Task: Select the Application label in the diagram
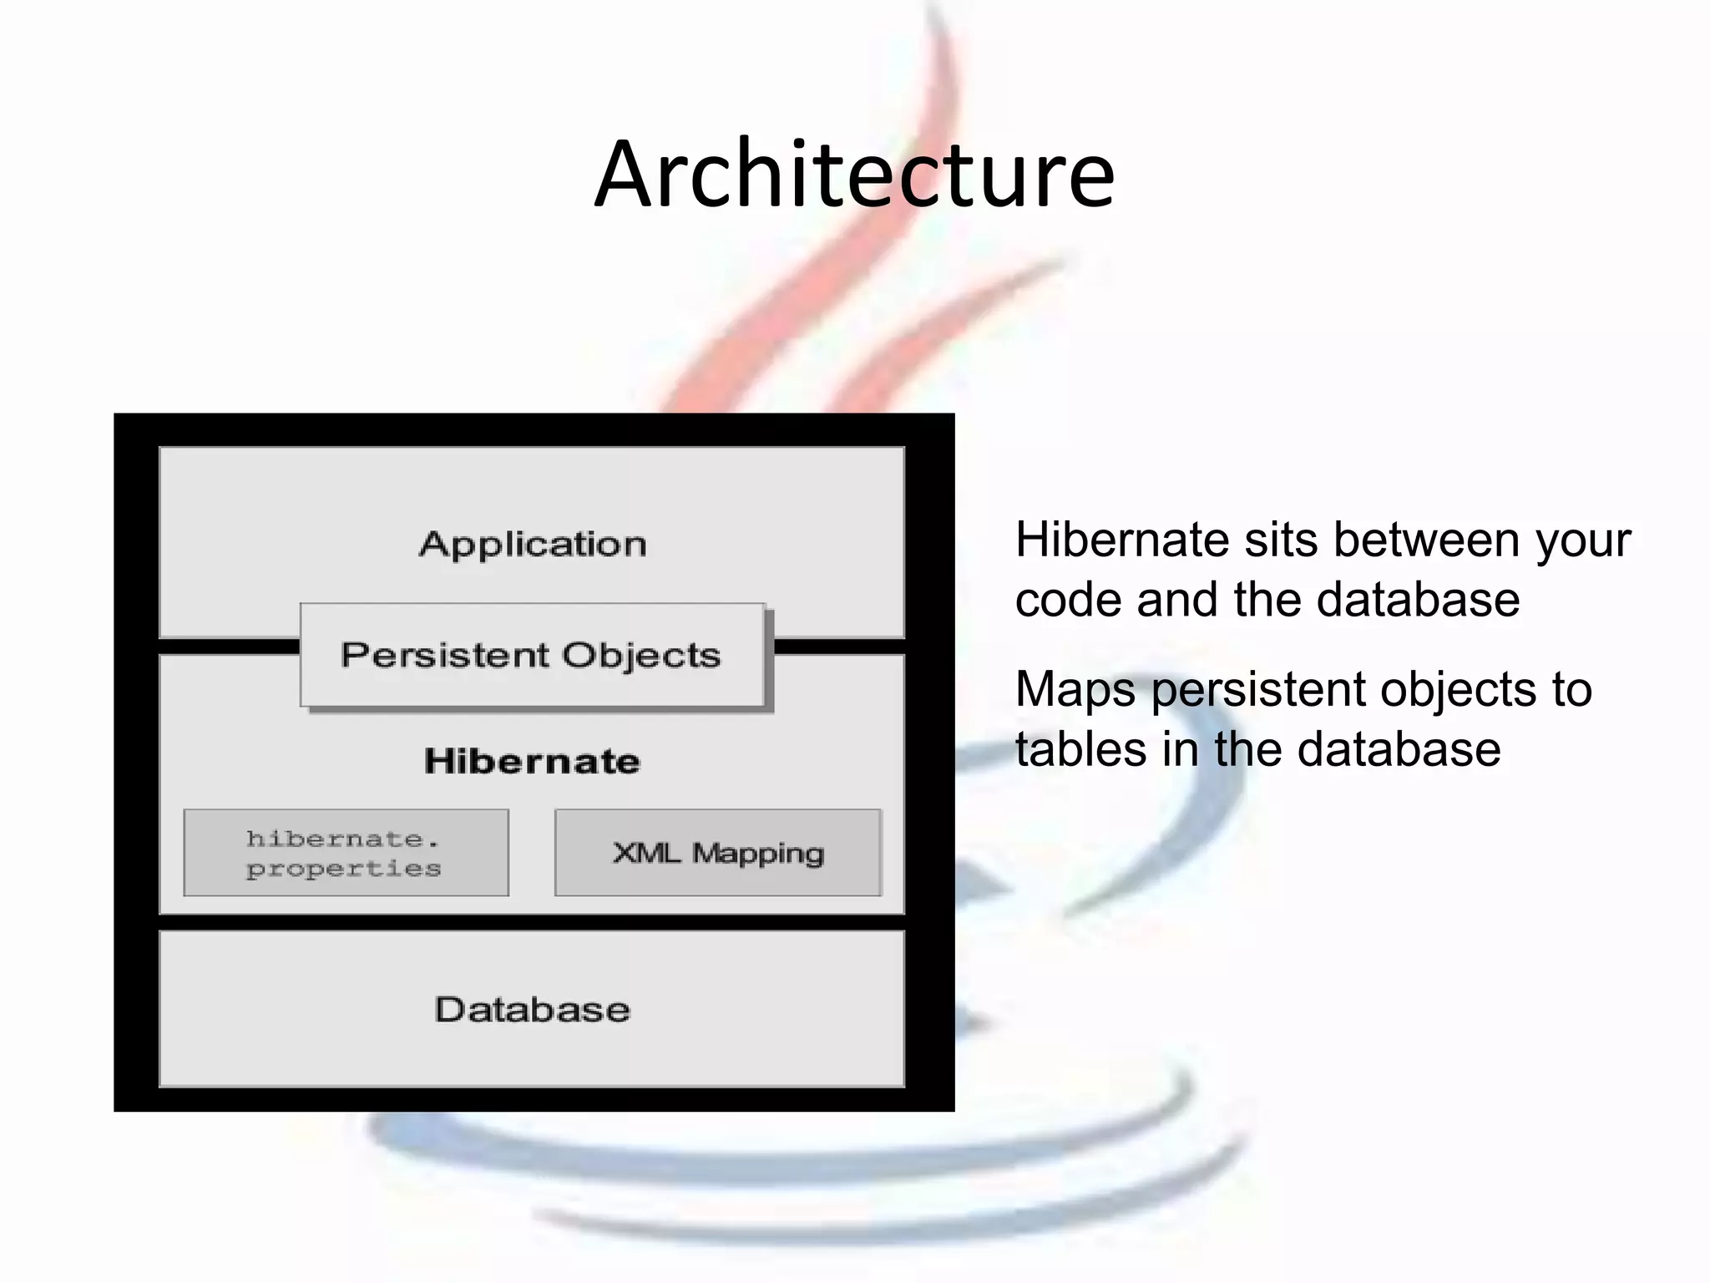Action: point(533,545)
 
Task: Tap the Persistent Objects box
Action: point(532,655)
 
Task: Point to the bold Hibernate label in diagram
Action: point(532,761)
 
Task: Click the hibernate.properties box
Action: point(346,853)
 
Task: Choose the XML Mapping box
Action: point(718,853)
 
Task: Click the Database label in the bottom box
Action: point(532,1010)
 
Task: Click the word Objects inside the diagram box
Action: point(640,656)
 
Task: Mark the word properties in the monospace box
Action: point(343,870)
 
